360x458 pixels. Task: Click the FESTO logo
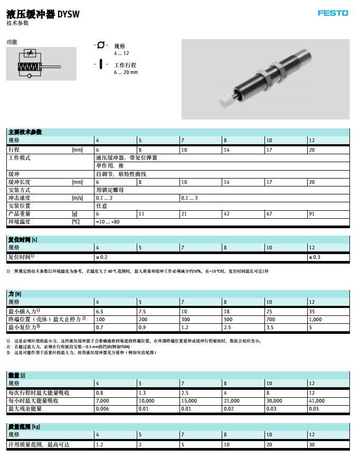click(x=333, y=13)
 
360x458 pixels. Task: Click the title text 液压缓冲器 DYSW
click(x=43, y=14)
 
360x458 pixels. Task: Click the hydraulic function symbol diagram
click(x=41, y=64)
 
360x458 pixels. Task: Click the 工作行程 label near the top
click(x=125, y=65)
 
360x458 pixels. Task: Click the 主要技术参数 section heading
click(x=25, y=132)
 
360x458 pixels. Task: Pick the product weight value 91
click(x=311, y=214)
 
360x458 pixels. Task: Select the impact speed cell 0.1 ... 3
click(x=189, y=198)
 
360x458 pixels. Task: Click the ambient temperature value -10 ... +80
click(x=108, y=222)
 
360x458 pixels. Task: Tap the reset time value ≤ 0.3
click(x=314, y=257)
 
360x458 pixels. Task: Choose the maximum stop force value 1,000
click(x=316, y=320)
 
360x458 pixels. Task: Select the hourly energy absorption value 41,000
click(x=317, y=401)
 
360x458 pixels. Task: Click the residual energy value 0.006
click(x=102, y=409)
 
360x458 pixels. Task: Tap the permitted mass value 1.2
click(x=99, y=445)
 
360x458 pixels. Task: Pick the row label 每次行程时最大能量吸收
click(x=39, y=393)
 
